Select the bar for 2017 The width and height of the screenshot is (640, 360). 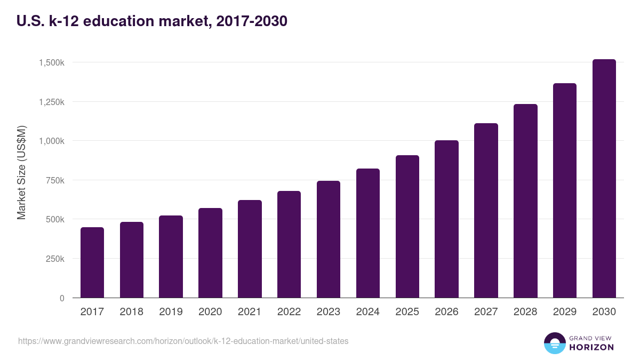point(92,262)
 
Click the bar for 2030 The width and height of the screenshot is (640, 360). point(604,179)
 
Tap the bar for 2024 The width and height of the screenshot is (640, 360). point(368,233)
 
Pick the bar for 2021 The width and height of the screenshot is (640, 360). point(250,249)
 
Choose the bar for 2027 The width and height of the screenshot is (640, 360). point(486,211)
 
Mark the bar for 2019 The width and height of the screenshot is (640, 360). point(171,257)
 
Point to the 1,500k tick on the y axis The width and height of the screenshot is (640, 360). point(51,62)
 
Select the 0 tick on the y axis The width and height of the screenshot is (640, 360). point(61,298)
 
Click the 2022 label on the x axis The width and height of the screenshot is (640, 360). point(289,312)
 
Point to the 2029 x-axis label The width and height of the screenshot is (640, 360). point(565,312)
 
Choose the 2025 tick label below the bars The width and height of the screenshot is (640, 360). point(407,312)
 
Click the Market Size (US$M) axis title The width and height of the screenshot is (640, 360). point(21,172)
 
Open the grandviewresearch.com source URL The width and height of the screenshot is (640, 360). point(183,341)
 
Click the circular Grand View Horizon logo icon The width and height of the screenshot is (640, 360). point(555,343)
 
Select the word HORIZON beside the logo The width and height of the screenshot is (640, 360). point(591,347)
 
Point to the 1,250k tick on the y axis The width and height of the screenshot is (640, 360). point(51,102)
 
